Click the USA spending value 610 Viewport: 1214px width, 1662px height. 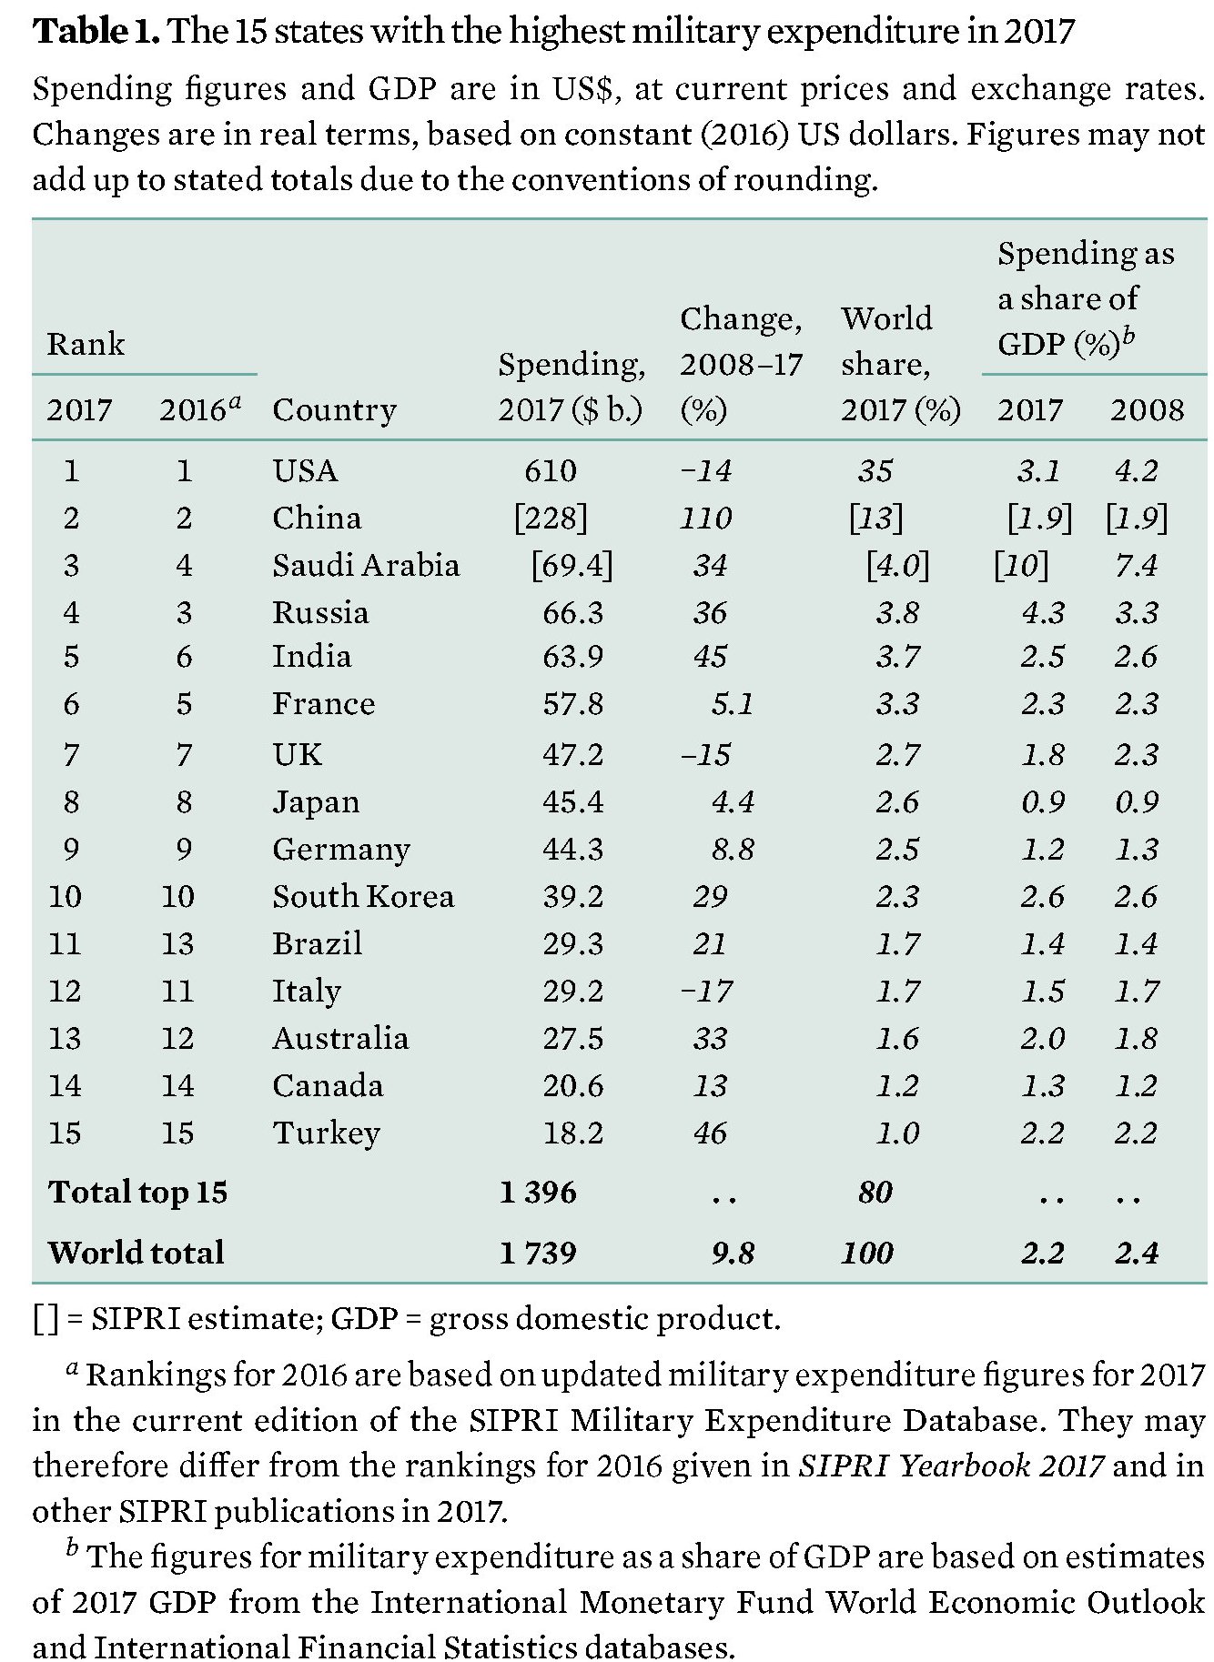(550, 470)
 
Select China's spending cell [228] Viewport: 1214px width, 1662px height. (551, 518)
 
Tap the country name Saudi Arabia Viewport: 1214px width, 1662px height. (366, 565)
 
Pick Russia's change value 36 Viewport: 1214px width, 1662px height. (710, 612)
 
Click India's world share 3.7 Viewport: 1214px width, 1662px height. (897, 657)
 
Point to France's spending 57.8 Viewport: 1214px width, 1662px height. (572, 704)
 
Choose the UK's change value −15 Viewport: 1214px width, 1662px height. (705, 754)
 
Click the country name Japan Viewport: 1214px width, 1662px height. (316, 802)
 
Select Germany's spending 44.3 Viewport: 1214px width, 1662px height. (572, 849)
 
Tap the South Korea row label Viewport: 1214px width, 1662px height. (363, 896)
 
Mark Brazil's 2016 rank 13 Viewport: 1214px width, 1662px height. (177, 943)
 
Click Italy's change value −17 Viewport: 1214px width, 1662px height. (706, 991)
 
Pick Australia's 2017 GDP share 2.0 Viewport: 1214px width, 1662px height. (1042, 1038)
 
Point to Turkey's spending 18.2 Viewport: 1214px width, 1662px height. (572, 1133)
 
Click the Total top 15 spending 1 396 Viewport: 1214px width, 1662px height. (538, 1192)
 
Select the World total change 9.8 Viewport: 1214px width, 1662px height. (733, 1253)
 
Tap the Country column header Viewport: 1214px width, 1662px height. (334, 409)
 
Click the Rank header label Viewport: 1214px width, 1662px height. (86, 344)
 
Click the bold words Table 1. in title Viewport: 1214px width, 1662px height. (96, 33)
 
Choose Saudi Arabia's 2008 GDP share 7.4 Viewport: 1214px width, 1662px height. (1136, 565)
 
